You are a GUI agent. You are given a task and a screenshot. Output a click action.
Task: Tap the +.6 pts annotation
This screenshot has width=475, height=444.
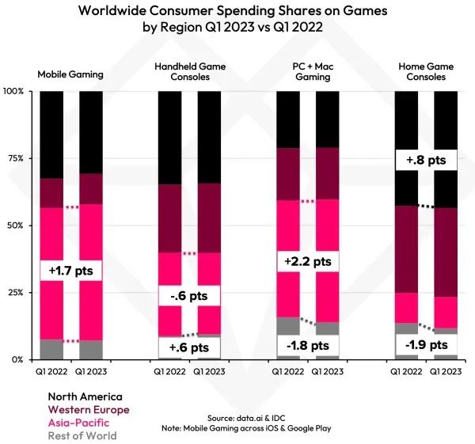[x=190, y=347]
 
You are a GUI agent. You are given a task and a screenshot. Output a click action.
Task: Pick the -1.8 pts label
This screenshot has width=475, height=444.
[x=309, y=344]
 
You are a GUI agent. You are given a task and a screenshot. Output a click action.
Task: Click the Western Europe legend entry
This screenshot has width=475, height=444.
[x=89, y=409]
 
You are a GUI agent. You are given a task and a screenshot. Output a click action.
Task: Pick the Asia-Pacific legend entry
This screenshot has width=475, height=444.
[x=78, y=423]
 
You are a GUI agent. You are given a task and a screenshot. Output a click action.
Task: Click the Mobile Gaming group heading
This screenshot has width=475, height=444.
[x=72, y=74]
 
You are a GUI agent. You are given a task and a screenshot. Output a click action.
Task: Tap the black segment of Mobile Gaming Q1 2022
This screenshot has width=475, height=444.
[x=51, y=135]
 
